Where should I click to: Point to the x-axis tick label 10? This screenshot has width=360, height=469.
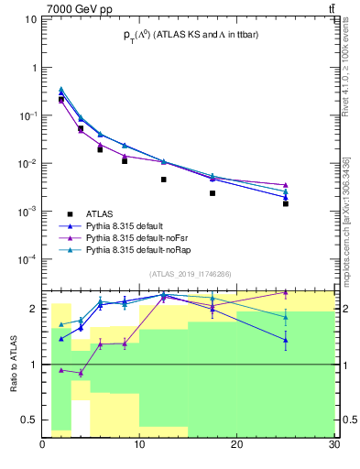[x=139, y=444]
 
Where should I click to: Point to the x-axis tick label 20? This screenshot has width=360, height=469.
[x=236, y=444]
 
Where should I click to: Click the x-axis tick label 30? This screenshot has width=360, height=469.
[x=332, y=444]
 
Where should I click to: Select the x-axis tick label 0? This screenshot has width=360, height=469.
[x=43, y=444]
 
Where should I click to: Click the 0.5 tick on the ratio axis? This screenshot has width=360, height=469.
[x=29, y=420]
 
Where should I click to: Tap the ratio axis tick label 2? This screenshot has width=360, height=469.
[x=34, y=309]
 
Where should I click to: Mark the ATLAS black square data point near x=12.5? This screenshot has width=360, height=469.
[x=164, y=180]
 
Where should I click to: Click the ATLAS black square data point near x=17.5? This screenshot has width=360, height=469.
[x=213, y=193]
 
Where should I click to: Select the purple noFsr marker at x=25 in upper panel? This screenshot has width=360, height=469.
[x=285, y=185]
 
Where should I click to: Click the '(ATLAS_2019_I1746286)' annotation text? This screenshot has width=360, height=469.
[x=188, y=273]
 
